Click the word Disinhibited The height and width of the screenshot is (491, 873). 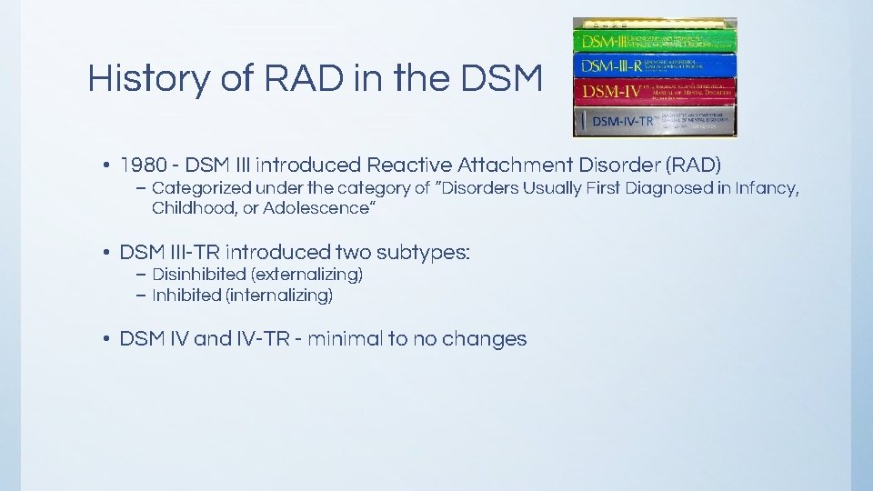coord(199,274)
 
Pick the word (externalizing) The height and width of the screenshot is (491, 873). coord(306,274)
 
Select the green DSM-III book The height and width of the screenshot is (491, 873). coord(654,41)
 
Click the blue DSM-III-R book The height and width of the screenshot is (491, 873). coord(654,65)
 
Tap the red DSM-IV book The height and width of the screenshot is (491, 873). coord(654,91)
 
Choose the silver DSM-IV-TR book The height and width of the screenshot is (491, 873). coord(654,120)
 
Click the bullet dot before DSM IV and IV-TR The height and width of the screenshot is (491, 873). coord(106,339)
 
